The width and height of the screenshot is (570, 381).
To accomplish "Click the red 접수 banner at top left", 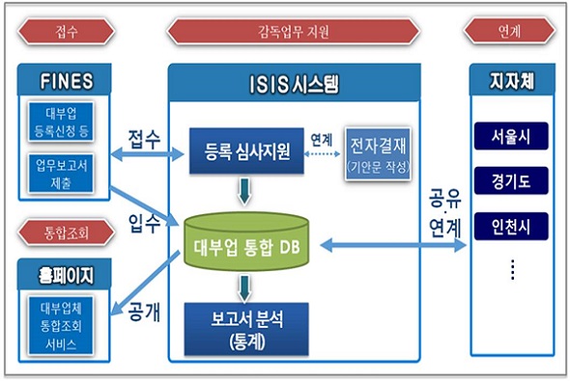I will tap(67, 31).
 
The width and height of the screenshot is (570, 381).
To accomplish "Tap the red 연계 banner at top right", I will tap(511, 31).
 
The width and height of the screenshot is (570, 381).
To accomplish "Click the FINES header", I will tap(67, 78).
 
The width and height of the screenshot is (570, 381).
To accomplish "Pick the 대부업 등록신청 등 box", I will tap(67, 121).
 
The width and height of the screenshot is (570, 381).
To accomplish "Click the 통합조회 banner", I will tap(67, 231).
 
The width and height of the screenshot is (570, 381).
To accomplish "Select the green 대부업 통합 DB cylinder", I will tap(252, 243).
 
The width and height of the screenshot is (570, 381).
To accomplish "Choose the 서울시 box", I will tap(511, 136).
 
